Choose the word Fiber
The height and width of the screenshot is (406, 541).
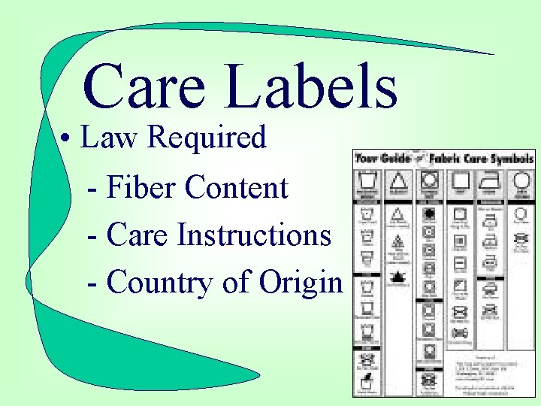(x=142, y=187)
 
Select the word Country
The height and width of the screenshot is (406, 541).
(x=159, y=283)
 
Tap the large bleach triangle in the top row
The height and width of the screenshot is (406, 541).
(x=399, y=181)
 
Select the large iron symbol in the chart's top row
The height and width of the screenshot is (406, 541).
(x=491, y=181)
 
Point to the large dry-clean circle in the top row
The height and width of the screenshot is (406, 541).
(x=520, y=181)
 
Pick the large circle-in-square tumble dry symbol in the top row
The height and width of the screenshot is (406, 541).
(x=431, y=181)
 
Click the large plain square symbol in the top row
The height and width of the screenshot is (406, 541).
(x=460, y=181)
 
